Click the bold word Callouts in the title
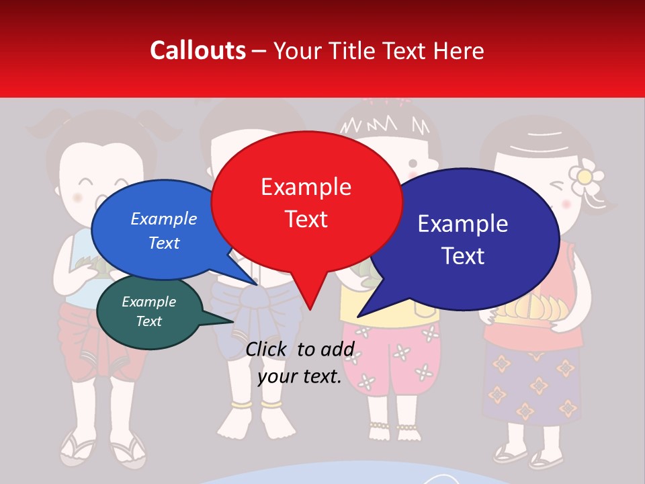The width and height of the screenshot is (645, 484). [198, 50]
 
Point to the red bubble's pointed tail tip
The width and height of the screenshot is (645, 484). [310, 309]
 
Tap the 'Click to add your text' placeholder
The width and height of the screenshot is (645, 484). [300, 362]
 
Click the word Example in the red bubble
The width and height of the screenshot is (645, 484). [306, 186]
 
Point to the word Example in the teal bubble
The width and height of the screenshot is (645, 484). [148, 302]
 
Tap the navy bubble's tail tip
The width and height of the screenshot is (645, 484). [359, 316]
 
